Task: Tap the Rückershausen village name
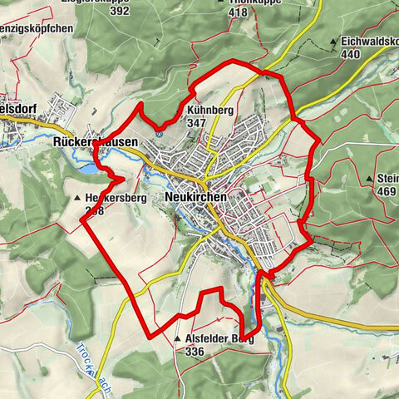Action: tap(95, 142)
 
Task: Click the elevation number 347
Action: tap(196, 122)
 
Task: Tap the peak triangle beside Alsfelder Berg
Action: tap(177, 339)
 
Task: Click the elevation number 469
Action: tap(387, 191)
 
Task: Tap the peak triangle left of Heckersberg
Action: tap(76, 199)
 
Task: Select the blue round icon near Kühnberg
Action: tap(158, 132)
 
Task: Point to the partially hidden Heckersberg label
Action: tap(111, 199)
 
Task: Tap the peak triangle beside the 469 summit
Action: tap(369, 179)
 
